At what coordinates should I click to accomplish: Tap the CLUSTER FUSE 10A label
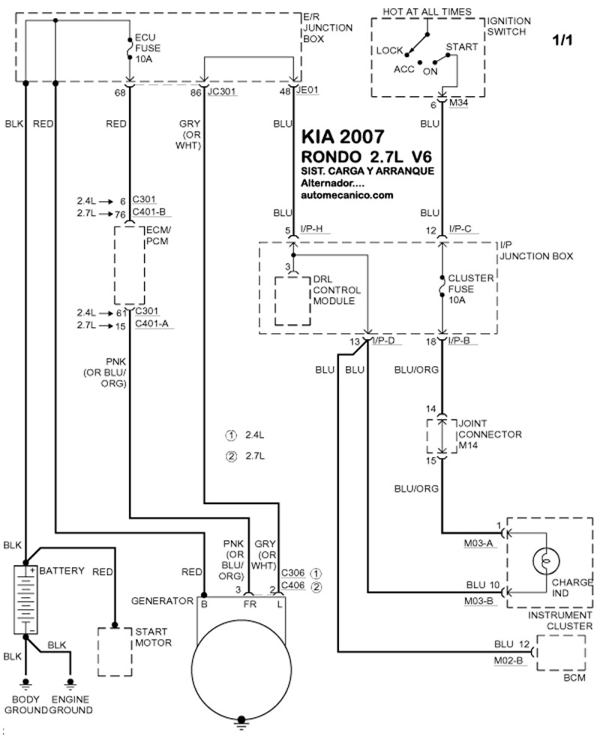pos(469,289)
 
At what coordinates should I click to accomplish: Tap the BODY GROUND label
pos(25,704)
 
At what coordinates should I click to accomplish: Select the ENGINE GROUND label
pos(70,704)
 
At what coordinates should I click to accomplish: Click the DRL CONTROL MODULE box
pos(292,301)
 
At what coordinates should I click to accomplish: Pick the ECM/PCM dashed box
pos(130,263)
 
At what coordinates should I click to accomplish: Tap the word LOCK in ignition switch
pos(390,50)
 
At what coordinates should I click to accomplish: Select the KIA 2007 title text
pos(343,137)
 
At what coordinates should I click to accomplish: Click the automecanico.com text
pos(346,195)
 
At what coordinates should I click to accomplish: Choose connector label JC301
pos(222,93)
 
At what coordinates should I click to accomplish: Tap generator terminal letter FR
pos(250,603)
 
